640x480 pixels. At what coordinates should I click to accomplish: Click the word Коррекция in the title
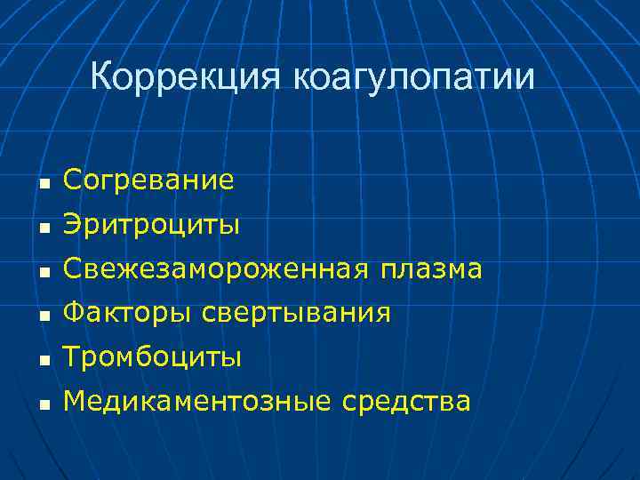(186, 78)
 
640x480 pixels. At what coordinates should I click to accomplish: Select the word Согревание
(148, 181)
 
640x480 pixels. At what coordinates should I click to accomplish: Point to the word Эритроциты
(151, 226)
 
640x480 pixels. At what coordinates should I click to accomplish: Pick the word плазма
(430, 269)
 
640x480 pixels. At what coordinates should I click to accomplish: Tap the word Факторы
(127, 313)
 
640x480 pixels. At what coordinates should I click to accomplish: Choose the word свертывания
(296, 313)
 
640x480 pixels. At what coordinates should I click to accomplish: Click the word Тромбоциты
(152, 357)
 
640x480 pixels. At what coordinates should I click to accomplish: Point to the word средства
(404, 402)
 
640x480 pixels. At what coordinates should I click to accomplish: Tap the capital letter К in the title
(101, 78)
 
